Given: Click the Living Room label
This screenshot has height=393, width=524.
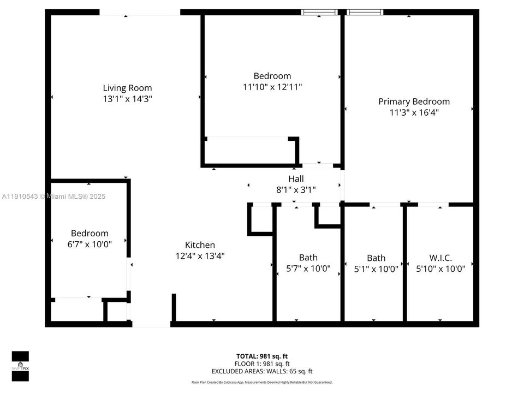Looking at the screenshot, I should tap(127, 88).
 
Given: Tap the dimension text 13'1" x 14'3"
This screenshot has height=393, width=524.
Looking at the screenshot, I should tap(127, 99).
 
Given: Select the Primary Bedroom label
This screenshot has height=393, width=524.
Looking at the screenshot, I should tap(414, 102).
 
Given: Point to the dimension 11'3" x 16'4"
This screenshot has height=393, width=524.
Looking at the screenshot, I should tap(414, 112).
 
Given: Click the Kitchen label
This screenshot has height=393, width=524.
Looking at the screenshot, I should tap(200, 245).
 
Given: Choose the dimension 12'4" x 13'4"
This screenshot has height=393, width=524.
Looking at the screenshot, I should tap(200, 255).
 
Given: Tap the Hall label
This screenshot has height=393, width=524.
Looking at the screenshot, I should tap(296, 178).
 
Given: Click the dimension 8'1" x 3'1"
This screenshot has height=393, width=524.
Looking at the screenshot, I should tap(296, 189).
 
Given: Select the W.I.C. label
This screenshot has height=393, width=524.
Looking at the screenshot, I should tap(441, 258).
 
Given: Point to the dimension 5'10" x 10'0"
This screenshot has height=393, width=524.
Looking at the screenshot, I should tap(441, 269).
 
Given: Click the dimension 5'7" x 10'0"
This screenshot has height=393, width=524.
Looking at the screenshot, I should tap(308, 269).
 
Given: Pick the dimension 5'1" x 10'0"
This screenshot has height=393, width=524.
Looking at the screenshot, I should tap(376, 269).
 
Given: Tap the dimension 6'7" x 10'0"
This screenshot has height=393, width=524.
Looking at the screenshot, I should tap(89, 244).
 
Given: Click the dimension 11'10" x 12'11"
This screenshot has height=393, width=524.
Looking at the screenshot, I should tap(272, 87).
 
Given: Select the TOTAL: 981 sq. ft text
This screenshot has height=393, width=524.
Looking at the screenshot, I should tap(263, 356).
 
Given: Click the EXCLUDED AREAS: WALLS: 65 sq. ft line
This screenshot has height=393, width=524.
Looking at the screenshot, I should tap(263, 371).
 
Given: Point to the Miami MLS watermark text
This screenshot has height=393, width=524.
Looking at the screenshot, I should tap(53, 196).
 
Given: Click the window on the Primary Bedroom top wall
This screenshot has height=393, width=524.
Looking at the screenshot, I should tap(365, 12).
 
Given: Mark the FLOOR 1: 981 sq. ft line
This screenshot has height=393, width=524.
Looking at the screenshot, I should tap(263, 364).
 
